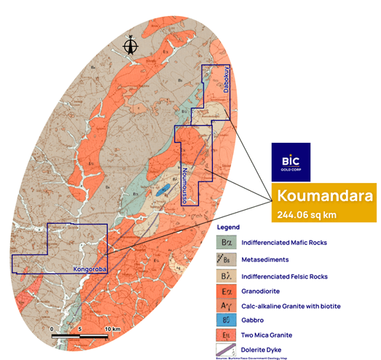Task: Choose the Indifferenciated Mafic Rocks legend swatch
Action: [x=227, y=242]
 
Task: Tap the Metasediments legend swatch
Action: [x=227, y=259]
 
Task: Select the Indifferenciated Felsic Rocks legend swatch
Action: [x=227, y=276]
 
